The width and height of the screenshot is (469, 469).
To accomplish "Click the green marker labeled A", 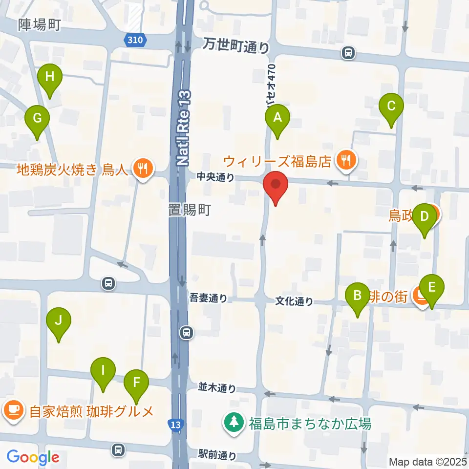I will [277, 118].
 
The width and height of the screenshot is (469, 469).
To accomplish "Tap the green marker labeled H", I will [49, 77].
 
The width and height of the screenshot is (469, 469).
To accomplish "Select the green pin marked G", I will [37, 119].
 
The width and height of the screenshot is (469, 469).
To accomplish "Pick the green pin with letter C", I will [391, 107].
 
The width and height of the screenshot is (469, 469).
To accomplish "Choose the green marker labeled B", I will [357, 296].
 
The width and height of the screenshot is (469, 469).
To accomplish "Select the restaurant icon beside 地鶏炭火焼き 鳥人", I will [143, 170].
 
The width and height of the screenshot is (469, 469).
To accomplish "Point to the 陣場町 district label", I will [40, 24].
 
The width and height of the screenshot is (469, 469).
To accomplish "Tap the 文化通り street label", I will [294, 301].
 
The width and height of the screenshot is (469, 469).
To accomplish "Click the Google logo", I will [33, 457].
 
